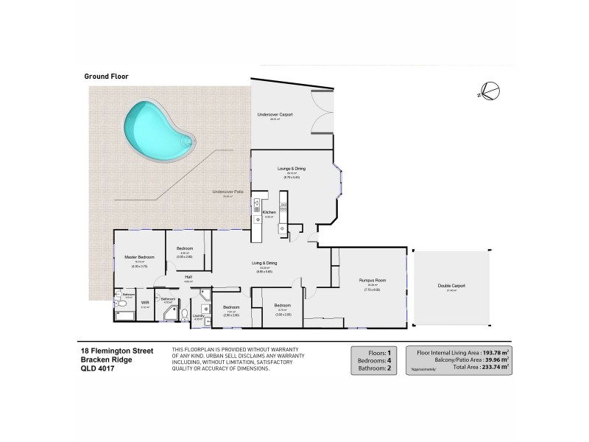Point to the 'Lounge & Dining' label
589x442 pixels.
click(x=291, y=169)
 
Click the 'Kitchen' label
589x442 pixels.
click(x=269, y=212)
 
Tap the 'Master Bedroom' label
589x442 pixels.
click(x=139, y=257)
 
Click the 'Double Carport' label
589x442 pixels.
click(x=452, y=286)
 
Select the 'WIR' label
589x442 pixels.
click(x=144, y=302)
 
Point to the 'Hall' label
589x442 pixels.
click(x=188, y=277)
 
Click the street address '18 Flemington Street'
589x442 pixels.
click(x=116, y=351)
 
